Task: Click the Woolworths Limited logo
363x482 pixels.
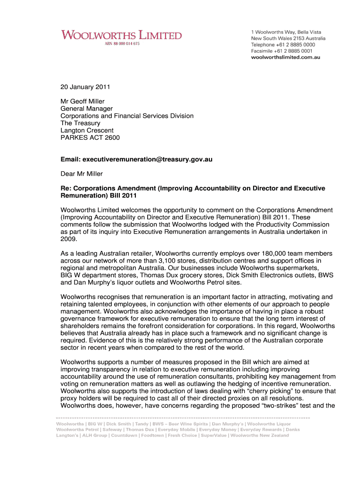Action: point(121,35)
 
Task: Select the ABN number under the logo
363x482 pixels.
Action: point(122,44)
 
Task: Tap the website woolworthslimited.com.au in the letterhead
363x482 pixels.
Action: point(285,57)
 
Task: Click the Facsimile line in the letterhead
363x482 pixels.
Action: point(281,50)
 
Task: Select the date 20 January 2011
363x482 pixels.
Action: point(85,87)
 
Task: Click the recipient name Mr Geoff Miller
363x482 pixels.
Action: point(82,101)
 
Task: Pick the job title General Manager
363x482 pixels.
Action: point(87,109)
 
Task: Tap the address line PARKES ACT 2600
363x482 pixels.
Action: point(90,138)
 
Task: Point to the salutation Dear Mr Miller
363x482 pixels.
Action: point(82,174)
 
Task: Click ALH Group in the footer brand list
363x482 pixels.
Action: point(94,435)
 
